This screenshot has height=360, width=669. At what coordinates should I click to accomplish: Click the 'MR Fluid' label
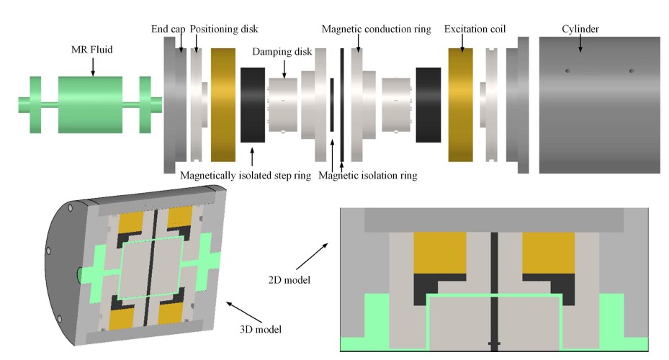[93, 49]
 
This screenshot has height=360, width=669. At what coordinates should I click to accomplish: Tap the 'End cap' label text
[168, 30]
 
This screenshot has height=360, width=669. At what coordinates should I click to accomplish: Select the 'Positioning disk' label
[225, 30]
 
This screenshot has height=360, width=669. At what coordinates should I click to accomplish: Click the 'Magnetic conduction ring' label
[377, 30]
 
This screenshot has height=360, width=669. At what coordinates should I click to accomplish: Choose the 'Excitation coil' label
[475, 30]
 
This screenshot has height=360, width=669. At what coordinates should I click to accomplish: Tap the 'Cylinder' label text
[580, 30]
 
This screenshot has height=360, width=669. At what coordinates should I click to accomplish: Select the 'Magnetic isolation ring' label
[368, 175]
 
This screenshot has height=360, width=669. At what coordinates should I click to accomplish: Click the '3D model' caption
[261, 329]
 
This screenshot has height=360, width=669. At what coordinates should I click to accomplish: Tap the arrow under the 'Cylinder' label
[580, 44]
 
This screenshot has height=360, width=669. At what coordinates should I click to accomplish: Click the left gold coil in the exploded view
[223, 104]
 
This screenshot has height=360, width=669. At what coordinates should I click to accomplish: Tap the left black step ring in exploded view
[253, 104]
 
